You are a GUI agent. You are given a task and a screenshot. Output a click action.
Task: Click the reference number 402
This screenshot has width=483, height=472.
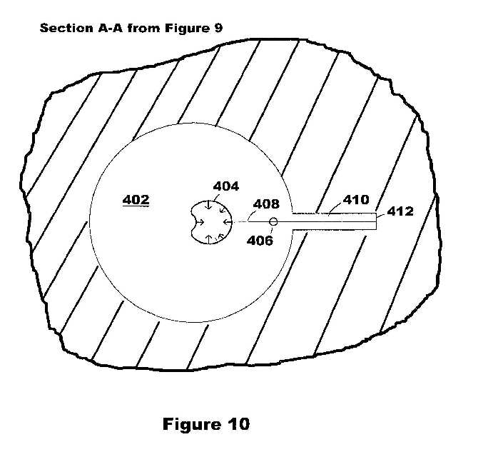[136, 200]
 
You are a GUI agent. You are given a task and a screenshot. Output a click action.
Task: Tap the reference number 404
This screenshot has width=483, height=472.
[225, 186]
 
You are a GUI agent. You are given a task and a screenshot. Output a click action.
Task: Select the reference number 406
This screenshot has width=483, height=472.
[260, 241]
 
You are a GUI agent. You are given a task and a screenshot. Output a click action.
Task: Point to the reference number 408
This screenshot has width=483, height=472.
[266, 204]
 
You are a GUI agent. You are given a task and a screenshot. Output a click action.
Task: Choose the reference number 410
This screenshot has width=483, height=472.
[356, 200]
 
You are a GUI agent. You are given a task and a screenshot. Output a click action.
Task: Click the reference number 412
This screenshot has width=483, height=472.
[400, 211]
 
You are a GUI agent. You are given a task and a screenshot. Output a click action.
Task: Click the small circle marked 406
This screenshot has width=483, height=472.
[273, 221]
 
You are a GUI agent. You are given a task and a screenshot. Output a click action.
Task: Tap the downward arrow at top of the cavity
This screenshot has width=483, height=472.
[209, 206]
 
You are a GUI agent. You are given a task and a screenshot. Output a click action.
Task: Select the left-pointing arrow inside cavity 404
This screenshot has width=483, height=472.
[227, 221]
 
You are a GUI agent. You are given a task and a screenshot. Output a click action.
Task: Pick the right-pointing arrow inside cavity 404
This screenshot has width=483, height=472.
[200, 221]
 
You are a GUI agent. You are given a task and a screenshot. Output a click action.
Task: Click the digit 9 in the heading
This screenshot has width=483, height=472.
[218, 28]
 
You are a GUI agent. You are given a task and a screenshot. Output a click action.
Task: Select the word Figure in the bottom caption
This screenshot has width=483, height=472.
[192, 424]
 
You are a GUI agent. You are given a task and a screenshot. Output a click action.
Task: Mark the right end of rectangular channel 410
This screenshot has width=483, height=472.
[376, 221]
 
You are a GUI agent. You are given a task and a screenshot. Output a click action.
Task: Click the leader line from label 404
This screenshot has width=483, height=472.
[215, 198]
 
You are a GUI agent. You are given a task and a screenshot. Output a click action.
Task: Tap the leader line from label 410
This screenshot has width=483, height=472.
[336, 209]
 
